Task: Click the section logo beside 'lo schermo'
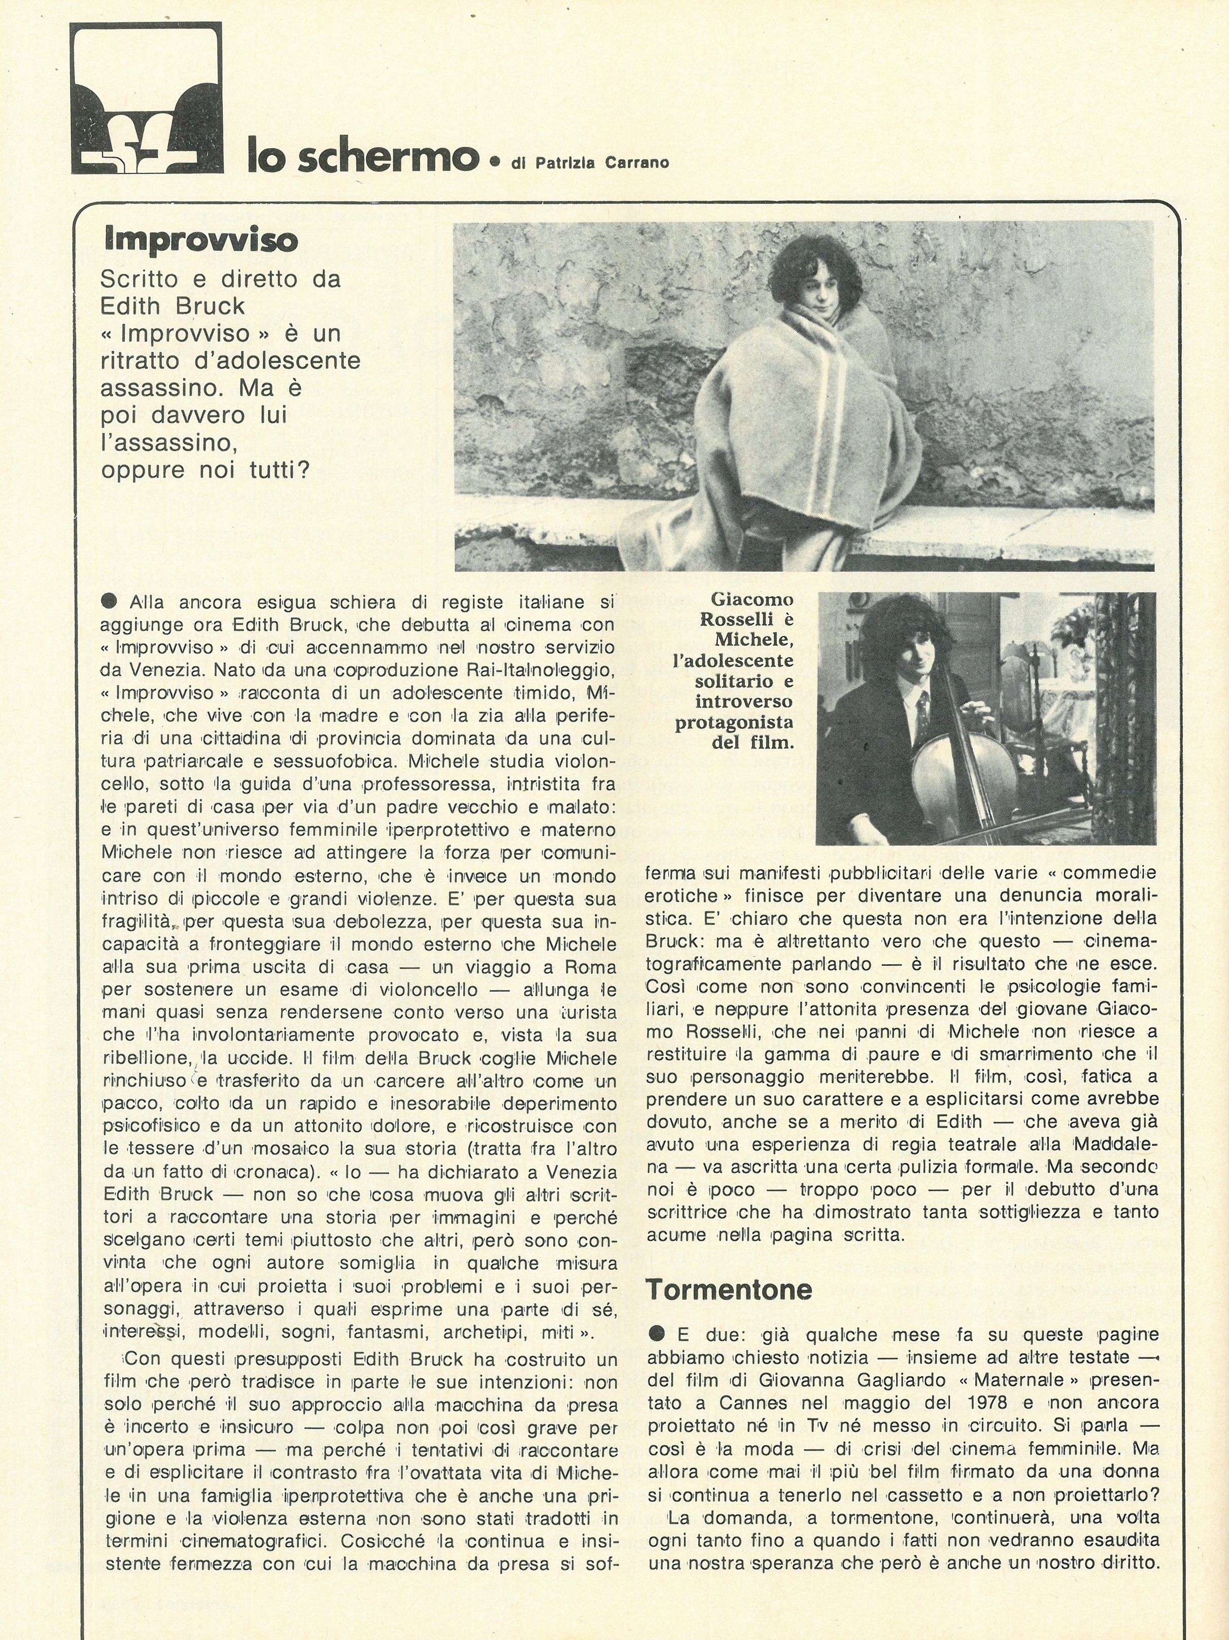tap(146, 98)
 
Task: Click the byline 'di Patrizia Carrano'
tap(590, 163)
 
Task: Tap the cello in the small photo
tap(964, 779)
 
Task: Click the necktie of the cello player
tap(923, 706)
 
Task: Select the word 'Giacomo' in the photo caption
tap(752, 599)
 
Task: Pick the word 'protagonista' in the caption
tap(734, 722)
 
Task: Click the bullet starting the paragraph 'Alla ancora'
tap(110, 602)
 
